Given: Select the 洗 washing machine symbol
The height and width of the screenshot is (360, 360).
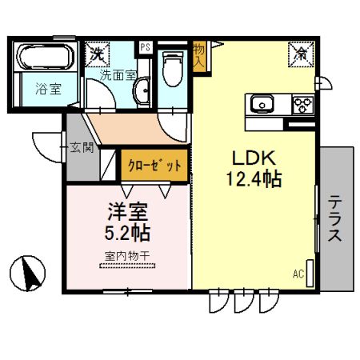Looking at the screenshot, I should click(x=97, y=54).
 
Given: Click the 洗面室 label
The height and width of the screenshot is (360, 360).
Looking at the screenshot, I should click(x=118, y=75).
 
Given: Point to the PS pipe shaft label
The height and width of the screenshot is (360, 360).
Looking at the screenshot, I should click(x=146, y=47).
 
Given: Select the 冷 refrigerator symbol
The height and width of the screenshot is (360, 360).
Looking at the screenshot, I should click(x=301, y=54).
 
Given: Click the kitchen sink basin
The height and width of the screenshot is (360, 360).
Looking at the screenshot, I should click(x=263, y=104).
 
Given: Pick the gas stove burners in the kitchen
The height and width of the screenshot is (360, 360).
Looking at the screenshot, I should click(x=302, y=104).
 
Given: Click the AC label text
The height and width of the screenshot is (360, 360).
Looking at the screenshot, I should click(x=298, y=274).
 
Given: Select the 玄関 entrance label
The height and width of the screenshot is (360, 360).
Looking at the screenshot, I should click(x=81, y=147).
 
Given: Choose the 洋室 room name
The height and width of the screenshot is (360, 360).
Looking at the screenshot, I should click(x=129, y=214).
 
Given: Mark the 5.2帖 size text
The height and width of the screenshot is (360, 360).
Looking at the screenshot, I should click(x=129, y=235).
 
